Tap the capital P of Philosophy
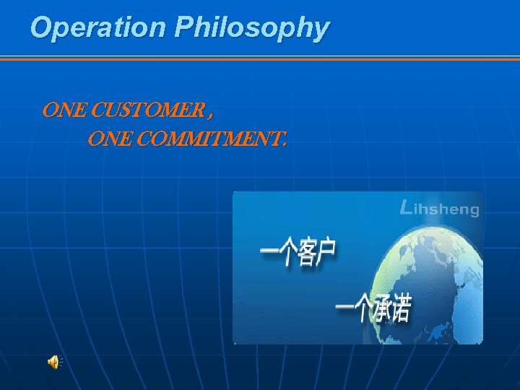(183, 27)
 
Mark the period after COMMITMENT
(284, 142)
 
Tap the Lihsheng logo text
(440, 209)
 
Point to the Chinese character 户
(327, 252)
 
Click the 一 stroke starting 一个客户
(270, 252)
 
